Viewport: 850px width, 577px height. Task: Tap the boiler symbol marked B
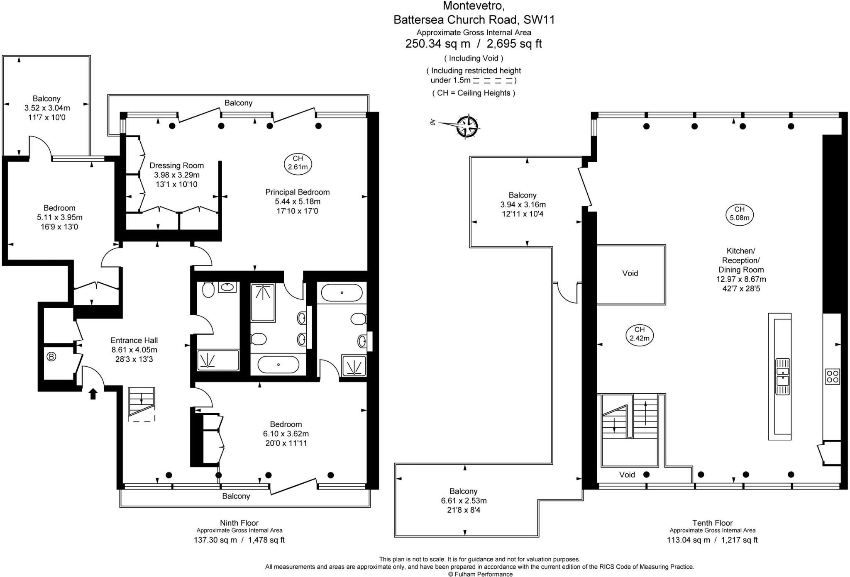click(51, 357)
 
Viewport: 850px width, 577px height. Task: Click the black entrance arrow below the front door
click(93, 394)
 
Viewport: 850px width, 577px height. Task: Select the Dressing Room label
click(177, 166)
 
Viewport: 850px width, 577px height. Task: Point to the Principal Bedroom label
click(298, 192)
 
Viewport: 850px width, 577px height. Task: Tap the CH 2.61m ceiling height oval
click(298, 163)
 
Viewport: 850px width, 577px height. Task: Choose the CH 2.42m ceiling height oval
click(640, 334)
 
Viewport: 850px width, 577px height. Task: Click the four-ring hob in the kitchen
click(833, 376)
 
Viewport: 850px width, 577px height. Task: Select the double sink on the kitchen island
click(783, 376)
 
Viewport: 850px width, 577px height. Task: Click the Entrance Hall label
click(134, 341)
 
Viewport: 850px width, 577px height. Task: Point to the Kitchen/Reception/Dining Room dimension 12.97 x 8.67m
click(741, 279)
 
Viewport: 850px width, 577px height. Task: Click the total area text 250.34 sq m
click(438, 44)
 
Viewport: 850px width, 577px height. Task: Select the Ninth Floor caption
click(239, 523)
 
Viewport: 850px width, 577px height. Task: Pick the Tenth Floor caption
click(713, 523)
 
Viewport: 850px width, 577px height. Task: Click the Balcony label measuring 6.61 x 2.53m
click(464, 491)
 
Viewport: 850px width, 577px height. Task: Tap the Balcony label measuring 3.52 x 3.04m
click(46, 98)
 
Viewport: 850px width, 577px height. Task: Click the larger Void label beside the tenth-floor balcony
click(630, 273)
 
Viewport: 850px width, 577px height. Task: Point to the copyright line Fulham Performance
click(480, 574)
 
